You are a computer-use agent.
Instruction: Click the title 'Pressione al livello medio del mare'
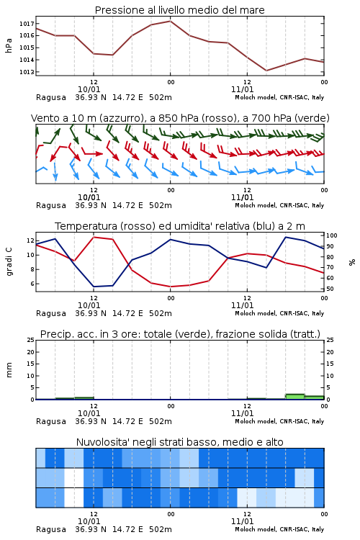[x=179, y=10]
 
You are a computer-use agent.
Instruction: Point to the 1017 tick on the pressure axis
[x=27, y=24]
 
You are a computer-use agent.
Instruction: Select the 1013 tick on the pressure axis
[x=27, y=72]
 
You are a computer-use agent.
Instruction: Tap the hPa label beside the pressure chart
[x=9, y=45]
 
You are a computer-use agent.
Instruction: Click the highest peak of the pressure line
[x=170, y=21]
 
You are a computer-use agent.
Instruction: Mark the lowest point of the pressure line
[x=266, y=71]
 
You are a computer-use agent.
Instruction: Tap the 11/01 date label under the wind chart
[x=242, y=197]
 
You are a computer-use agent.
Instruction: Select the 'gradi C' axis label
[x=9, y=262]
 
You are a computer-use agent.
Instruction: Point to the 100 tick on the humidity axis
[x=332, y=235]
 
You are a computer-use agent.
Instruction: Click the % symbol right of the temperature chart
[x=352, y=262]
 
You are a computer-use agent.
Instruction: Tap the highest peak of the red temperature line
[x=94, y=237]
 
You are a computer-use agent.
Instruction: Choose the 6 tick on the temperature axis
[x=32, y=284]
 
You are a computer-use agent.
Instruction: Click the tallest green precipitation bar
[x=295, y=397]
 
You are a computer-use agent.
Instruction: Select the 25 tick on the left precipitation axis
[x=31, y=340]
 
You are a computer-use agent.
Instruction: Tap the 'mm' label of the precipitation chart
[x=9, y=370]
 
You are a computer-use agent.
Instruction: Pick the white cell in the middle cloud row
[x=74, y=477]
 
